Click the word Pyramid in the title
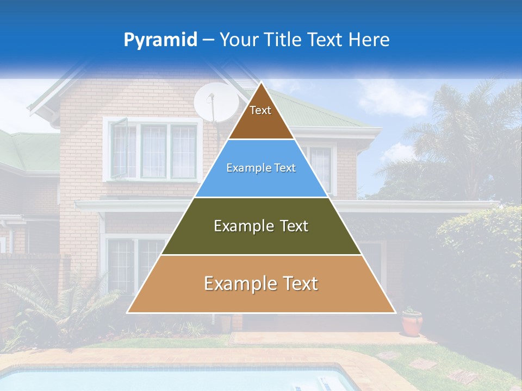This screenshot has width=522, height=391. [160, 40]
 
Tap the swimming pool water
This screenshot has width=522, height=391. [163, 380]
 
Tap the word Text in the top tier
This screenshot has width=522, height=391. [260, 110]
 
